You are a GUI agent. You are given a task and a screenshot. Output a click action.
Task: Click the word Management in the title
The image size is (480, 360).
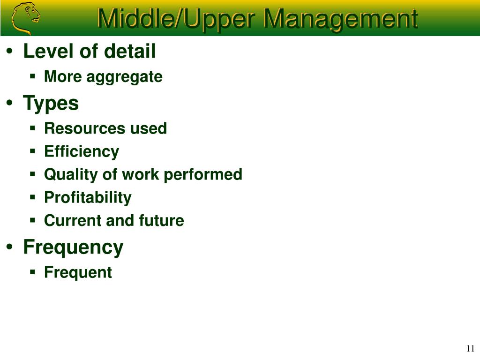(340, 19)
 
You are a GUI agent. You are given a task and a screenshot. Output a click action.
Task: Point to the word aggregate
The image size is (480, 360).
(125, 77)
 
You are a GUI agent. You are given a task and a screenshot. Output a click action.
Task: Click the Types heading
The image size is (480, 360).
(51, 104)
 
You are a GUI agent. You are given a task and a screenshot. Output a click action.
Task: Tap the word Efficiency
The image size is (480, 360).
(82, 152)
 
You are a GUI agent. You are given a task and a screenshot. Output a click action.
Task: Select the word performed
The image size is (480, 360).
(203, 175)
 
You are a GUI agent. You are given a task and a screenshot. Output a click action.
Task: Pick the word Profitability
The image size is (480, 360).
(88, 198)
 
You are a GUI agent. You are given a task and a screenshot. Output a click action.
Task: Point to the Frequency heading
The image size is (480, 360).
(74, 247)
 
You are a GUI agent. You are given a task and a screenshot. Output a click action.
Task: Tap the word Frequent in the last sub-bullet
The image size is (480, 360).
(78, 272)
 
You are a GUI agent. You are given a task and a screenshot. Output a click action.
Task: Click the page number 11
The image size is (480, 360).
(471, 348)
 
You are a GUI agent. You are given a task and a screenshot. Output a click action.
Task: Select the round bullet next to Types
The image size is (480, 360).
(10, 103)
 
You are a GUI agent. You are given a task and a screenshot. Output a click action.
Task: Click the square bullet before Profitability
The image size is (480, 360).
(33, 197)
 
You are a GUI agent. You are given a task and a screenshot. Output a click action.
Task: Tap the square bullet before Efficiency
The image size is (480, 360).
(33, 151)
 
